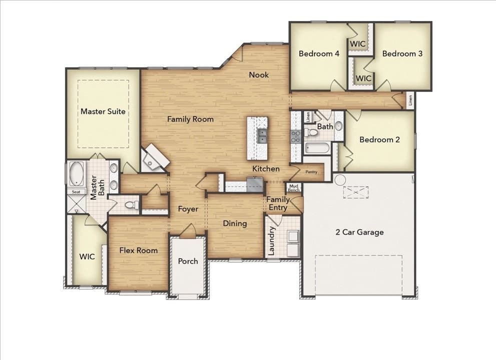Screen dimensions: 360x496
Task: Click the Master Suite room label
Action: pyautogui.click(x=103, y=111)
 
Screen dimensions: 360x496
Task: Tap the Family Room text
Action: pyautogui.click(x=190, y=119)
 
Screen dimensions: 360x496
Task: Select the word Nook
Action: pyautogui.click(x=259, y=75)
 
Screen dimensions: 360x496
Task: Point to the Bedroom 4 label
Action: pyautogui.click(x=319, y=53)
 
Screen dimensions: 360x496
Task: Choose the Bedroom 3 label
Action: pyautogui.click(x=402, y=53)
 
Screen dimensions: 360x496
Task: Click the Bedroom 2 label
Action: pyautogui.click(x=379, y=140)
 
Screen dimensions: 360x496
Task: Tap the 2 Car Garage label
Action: pyautogui.click(x=359, y=232)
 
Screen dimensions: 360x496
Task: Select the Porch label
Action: pyautogui.click(x=188, y=261)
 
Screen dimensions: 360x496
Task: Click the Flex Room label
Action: pyautogui.click(x=138, y=250)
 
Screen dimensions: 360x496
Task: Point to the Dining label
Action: pyautogui.click(x=235, y=223)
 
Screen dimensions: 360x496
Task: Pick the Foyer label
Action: pyautogui.click(x=188, y=209)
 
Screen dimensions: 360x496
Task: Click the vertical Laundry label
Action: pyautogui.click(x=272, y=241)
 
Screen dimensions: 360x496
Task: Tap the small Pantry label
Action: pyautogui.click(x=311, y=172)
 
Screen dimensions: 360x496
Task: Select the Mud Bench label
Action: pyautogui.click(x=294, y=188)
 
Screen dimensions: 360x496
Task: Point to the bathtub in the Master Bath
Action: pyautogui.click(x=77, y=174)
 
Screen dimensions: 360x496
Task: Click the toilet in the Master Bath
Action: pyautogui.click(x=131, y=205)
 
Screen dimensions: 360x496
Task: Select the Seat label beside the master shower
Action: pyautogui.click(x=77, y=191)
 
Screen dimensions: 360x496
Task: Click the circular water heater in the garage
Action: pyautogui.click(x=340, y=179)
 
